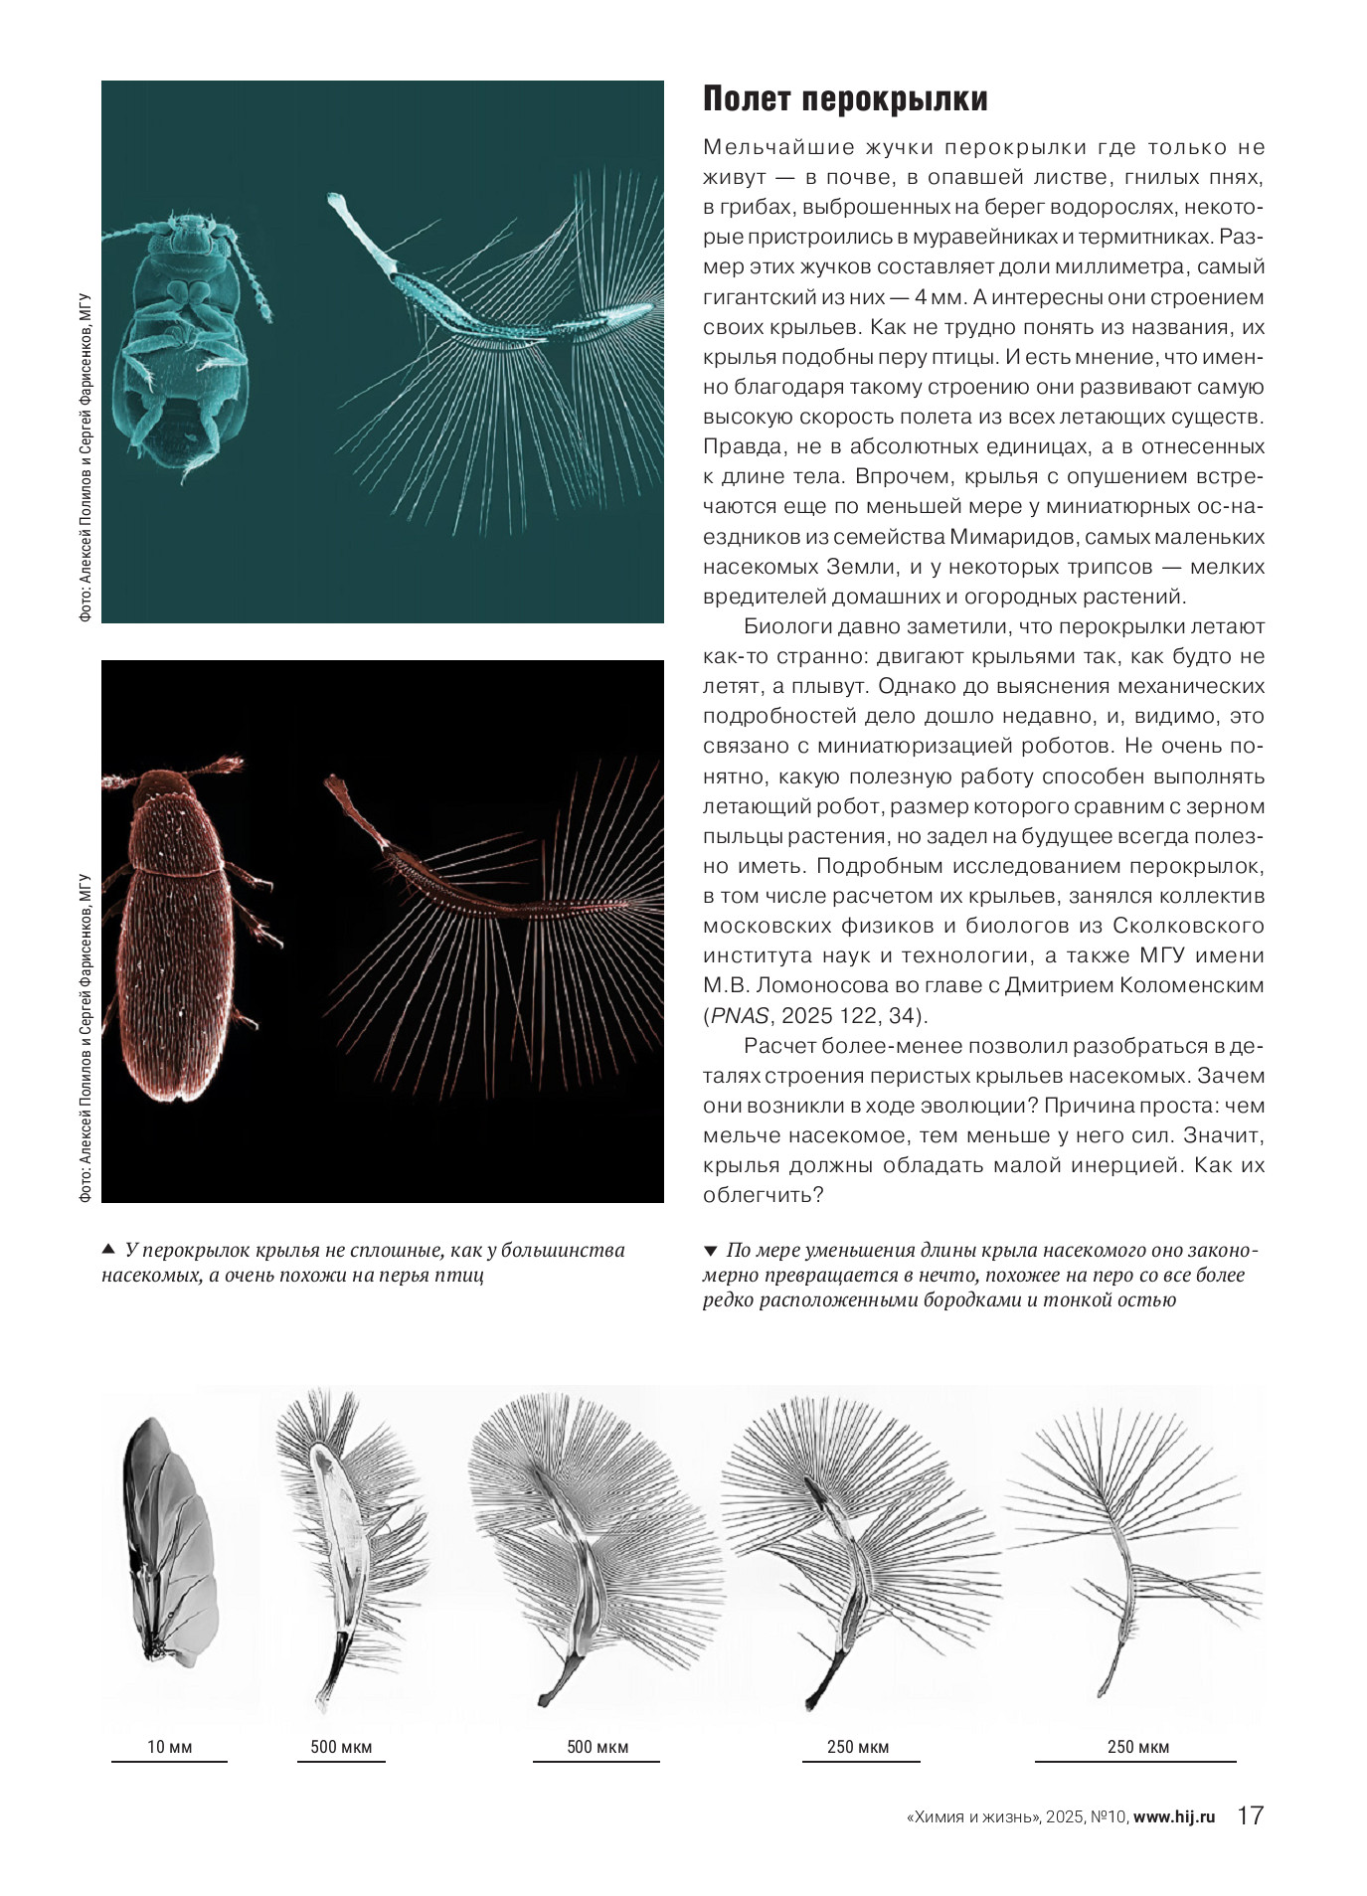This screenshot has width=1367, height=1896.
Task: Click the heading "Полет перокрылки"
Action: (845, 100)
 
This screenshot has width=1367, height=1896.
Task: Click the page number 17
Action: (1250, 1815)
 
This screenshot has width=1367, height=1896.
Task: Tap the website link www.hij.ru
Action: (1174, 1816)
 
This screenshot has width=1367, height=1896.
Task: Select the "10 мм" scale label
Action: (169, 1747)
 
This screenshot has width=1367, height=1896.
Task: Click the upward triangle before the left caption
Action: (108, 1250)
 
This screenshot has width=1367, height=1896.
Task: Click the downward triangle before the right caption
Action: (710, 1250)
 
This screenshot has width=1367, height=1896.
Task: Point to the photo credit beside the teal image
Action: (85, 457)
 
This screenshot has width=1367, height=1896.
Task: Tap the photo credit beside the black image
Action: (85, 1039)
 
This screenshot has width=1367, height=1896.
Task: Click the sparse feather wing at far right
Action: (1133, 1551)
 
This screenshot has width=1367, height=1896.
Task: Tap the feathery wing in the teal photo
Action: (497, 328)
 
